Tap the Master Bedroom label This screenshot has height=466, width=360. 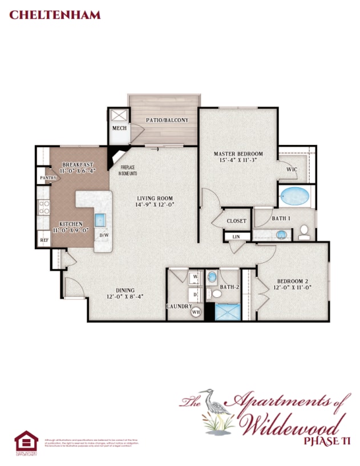coord(238,154)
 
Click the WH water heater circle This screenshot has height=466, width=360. coord(196,313)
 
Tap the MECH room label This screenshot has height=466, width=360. coord(119,128)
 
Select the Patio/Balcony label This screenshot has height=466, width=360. coord(163,120)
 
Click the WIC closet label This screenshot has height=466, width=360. coord(291,169)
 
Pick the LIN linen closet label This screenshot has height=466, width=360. coord(236,237)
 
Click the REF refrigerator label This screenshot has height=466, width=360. coord(44,240)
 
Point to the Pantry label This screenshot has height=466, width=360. coord(48,178)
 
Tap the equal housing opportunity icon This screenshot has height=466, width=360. coord(26,443)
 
